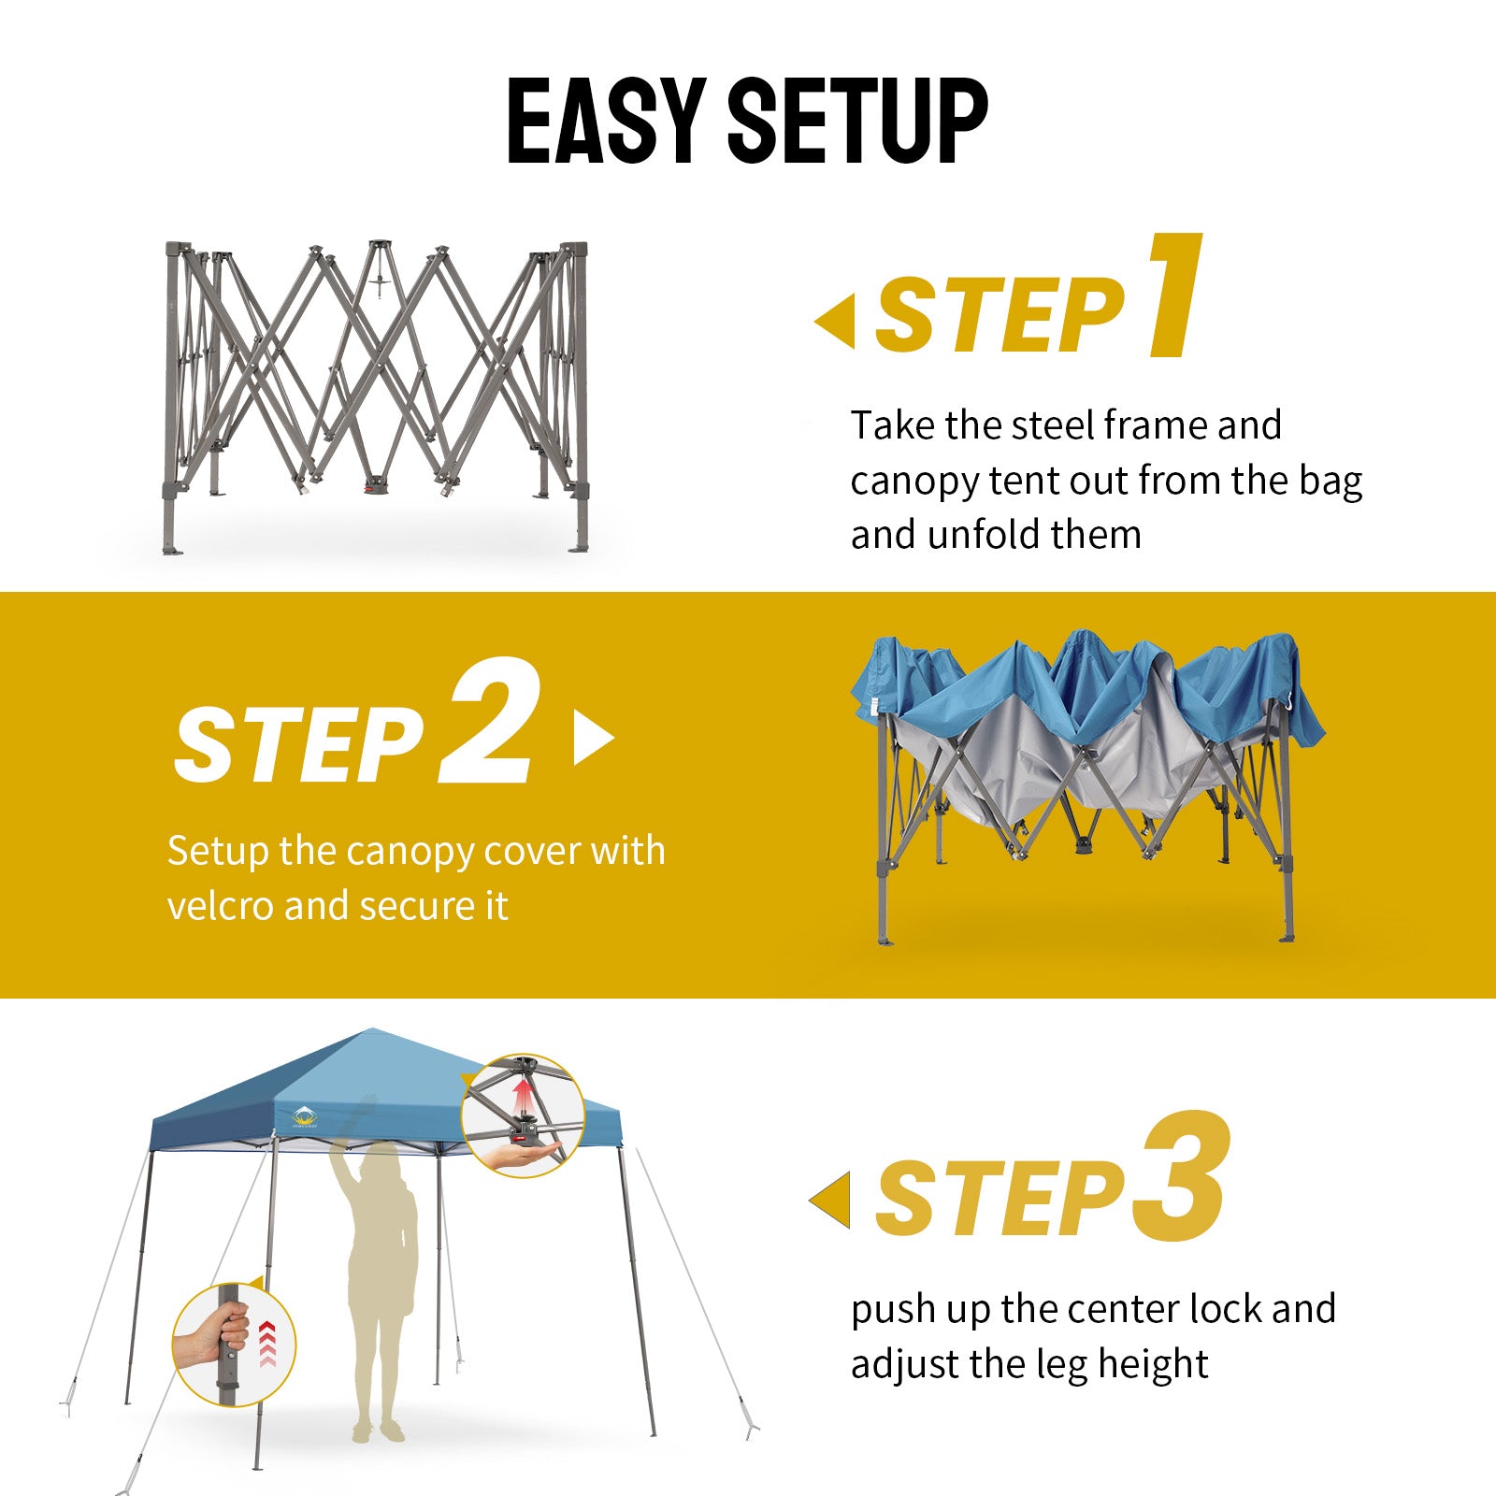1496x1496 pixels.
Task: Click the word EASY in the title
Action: point(606,121)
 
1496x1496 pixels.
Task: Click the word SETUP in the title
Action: point(857,121)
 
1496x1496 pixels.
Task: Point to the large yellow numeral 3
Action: point(1180,1177)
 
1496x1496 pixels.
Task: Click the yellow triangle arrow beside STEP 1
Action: point(835,321)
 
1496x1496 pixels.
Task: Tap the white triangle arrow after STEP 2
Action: point(594,738)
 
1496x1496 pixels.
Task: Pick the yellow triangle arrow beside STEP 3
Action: point(830,1200)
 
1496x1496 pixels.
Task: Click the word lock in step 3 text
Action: point(1225,1309)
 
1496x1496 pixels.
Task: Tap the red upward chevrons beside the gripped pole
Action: point(268,1343)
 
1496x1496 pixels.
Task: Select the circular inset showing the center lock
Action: point(523,1115)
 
